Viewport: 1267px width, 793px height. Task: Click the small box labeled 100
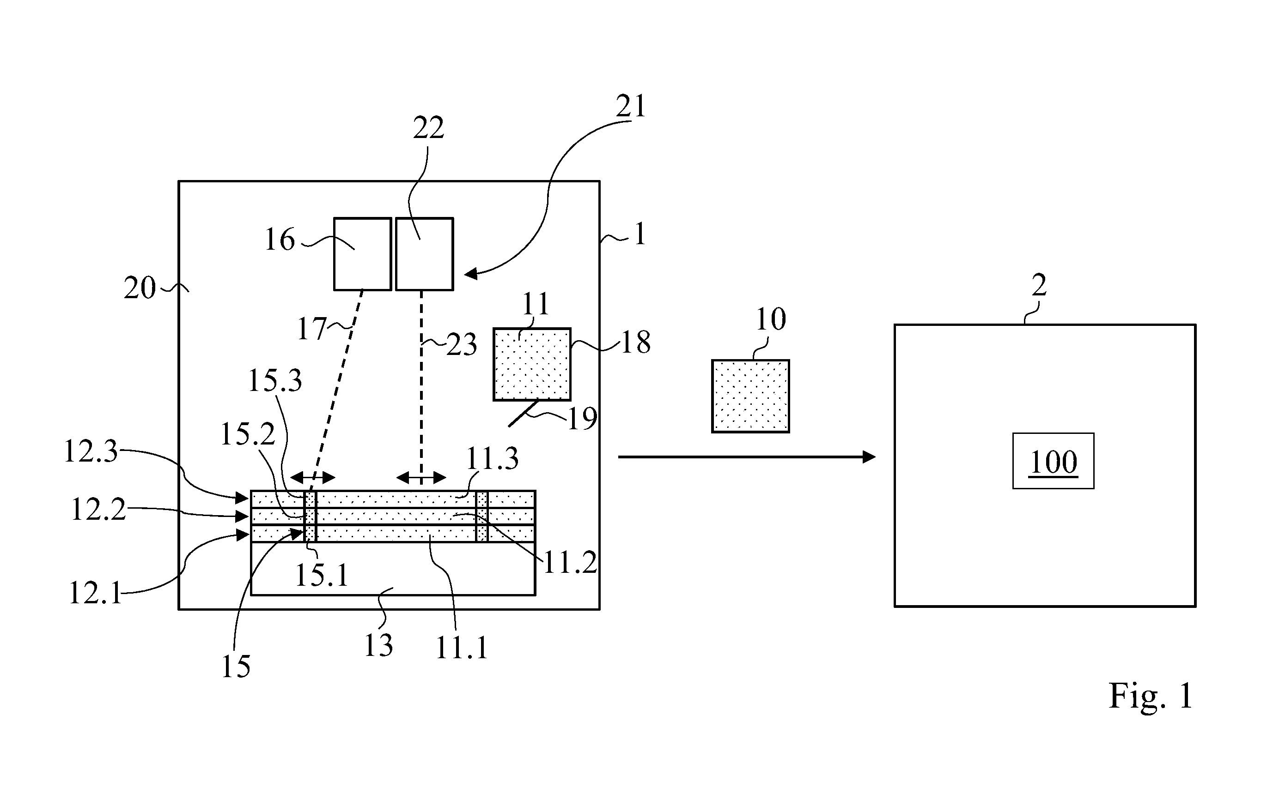click(x=1053, y=461)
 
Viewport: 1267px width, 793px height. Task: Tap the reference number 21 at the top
click(x=630, y=107)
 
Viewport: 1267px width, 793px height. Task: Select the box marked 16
click(x=363, y=254)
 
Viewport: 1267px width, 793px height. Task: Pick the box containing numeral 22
click(x=425, y=254)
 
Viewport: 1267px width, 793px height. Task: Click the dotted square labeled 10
click(x=750, y=396)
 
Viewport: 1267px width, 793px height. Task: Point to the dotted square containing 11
click(x=532, y=365)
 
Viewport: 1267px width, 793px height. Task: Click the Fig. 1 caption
click(x=1151, y=696)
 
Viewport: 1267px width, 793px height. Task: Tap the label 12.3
click(x=91, y=451)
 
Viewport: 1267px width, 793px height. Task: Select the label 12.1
click(x=96, y=594)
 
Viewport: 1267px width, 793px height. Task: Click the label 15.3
click(x=274, y=381)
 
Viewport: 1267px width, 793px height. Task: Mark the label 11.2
click(x=571, y=562)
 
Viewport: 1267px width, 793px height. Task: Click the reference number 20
click(x=140, y=288)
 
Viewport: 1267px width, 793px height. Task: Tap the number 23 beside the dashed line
click(x=462, y=345)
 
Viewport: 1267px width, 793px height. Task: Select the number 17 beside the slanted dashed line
click(x=312, y=329)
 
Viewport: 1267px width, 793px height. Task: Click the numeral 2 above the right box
click(x=1039, y=286)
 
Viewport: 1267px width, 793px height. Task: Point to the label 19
click(x=583, y=419)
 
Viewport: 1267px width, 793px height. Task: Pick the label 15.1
click(x=322, y=575)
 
